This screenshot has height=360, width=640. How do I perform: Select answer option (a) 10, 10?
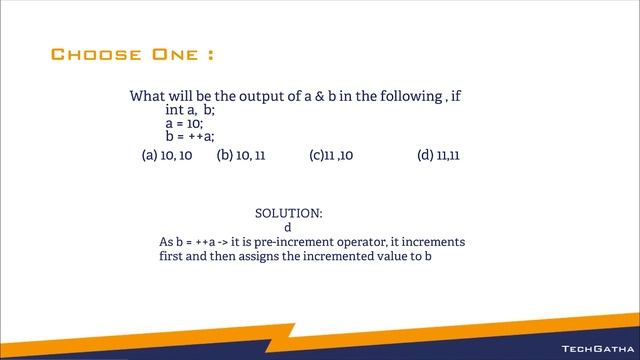coord(167,156)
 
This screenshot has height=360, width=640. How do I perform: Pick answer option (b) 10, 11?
coord(241,156)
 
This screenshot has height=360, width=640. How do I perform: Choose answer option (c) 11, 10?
coord(331,156)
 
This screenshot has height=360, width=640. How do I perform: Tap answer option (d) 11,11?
coord(438,156)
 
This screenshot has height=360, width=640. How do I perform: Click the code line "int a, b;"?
coord(190,110)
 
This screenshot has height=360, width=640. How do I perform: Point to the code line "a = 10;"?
coord(184,123)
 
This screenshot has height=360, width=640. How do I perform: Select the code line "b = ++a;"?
coord(190,136)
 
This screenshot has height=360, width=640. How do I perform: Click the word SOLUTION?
coord(289,213)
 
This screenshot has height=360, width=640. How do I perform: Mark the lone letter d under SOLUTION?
coord(288,227)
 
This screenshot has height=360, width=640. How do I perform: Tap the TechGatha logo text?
coord(594,349)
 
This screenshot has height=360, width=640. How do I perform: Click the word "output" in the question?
coord(260,97)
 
